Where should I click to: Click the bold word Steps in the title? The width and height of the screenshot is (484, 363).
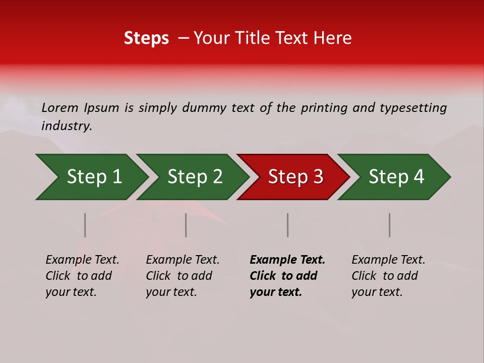tap(146, 38)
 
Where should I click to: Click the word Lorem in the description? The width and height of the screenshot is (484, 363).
tap(60, 107)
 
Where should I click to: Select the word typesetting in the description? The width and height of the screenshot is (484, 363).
tap(413, 107)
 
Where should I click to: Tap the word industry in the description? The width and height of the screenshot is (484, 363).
tap(67, 126)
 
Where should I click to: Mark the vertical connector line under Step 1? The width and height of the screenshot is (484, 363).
tap(85, 225)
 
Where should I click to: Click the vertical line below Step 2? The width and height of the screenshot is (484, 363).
tap(186, 225)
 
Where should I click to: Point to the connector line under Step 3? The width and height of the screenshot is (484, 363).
tap(288, 225)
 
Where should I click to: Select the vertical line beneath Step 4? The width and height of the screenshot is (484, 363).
tap(389, 225)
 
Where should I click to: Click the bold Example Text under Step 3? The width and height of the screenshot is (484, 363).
tap(287, 260)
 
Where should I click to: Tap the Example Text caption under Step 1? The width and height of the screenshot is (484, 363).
tap(82, 260)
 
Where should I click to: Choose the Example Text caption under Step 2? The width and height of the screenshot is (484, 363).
tap(183, 260)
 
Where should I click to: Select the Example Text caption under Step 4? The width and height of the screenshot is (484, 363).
tap(388, 260)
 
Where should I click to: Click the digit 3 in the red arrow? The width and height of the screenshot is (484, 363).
tap(318, 177)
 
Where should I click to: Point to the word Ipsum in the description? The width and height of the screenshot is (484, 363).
tap(101, 107)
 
